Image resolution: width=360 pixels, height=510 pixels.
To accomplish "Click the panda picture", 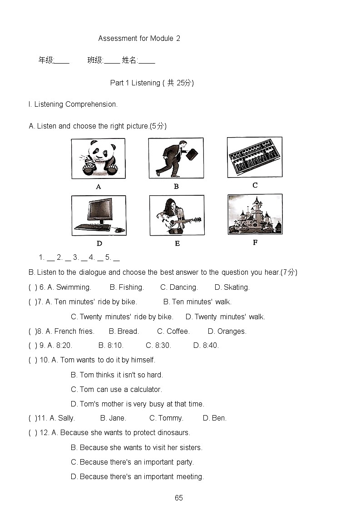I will (x=98, y=158).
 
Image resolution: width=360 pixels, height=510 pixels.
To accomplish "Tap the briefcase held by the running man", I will (x=191, y=154).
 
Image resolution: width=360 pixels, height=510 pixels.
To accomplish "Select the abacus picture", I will (x=255, y=157).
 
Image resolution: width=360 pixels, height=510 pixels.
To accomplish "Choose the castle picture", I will (x=255, y=214).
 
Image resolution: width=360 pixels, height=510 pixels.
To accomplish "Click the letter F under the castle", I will (x=255, y=243).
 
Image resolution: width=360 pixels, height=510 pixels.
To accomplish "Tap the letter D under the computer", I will (x=99, y=243).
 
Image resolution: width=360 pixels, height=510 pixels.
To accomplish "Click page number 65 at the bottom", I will (x=179, y=498).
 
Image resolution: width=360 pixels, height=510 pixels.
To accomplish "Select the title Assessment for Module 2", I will (x=139, y=39).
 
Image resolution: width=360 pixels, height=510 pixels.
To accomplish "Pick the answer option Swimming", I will (x=74, y=287).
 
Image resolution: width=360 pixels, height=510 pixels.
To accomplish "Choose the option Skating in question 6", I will (x=237, y=287).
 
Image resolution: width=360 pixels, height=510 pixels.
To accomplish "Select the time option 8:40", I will (x=210, y=345).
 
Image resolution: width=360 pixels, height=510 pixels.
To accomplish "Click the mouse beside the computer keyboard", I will (x=119, y=230).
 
